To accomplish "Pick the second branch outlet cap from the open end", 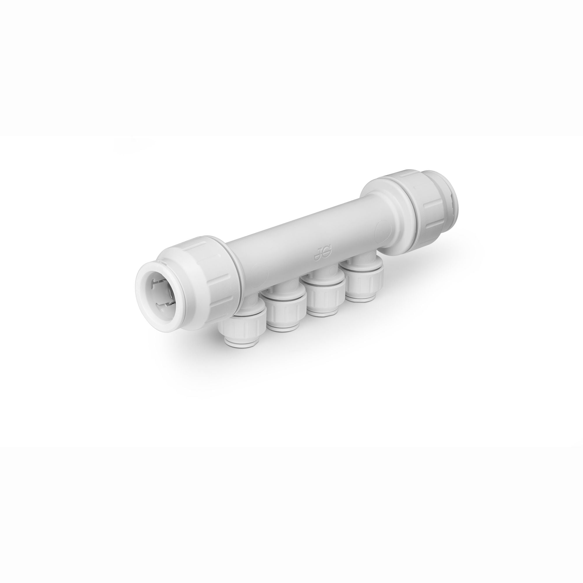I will (287, 314).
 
